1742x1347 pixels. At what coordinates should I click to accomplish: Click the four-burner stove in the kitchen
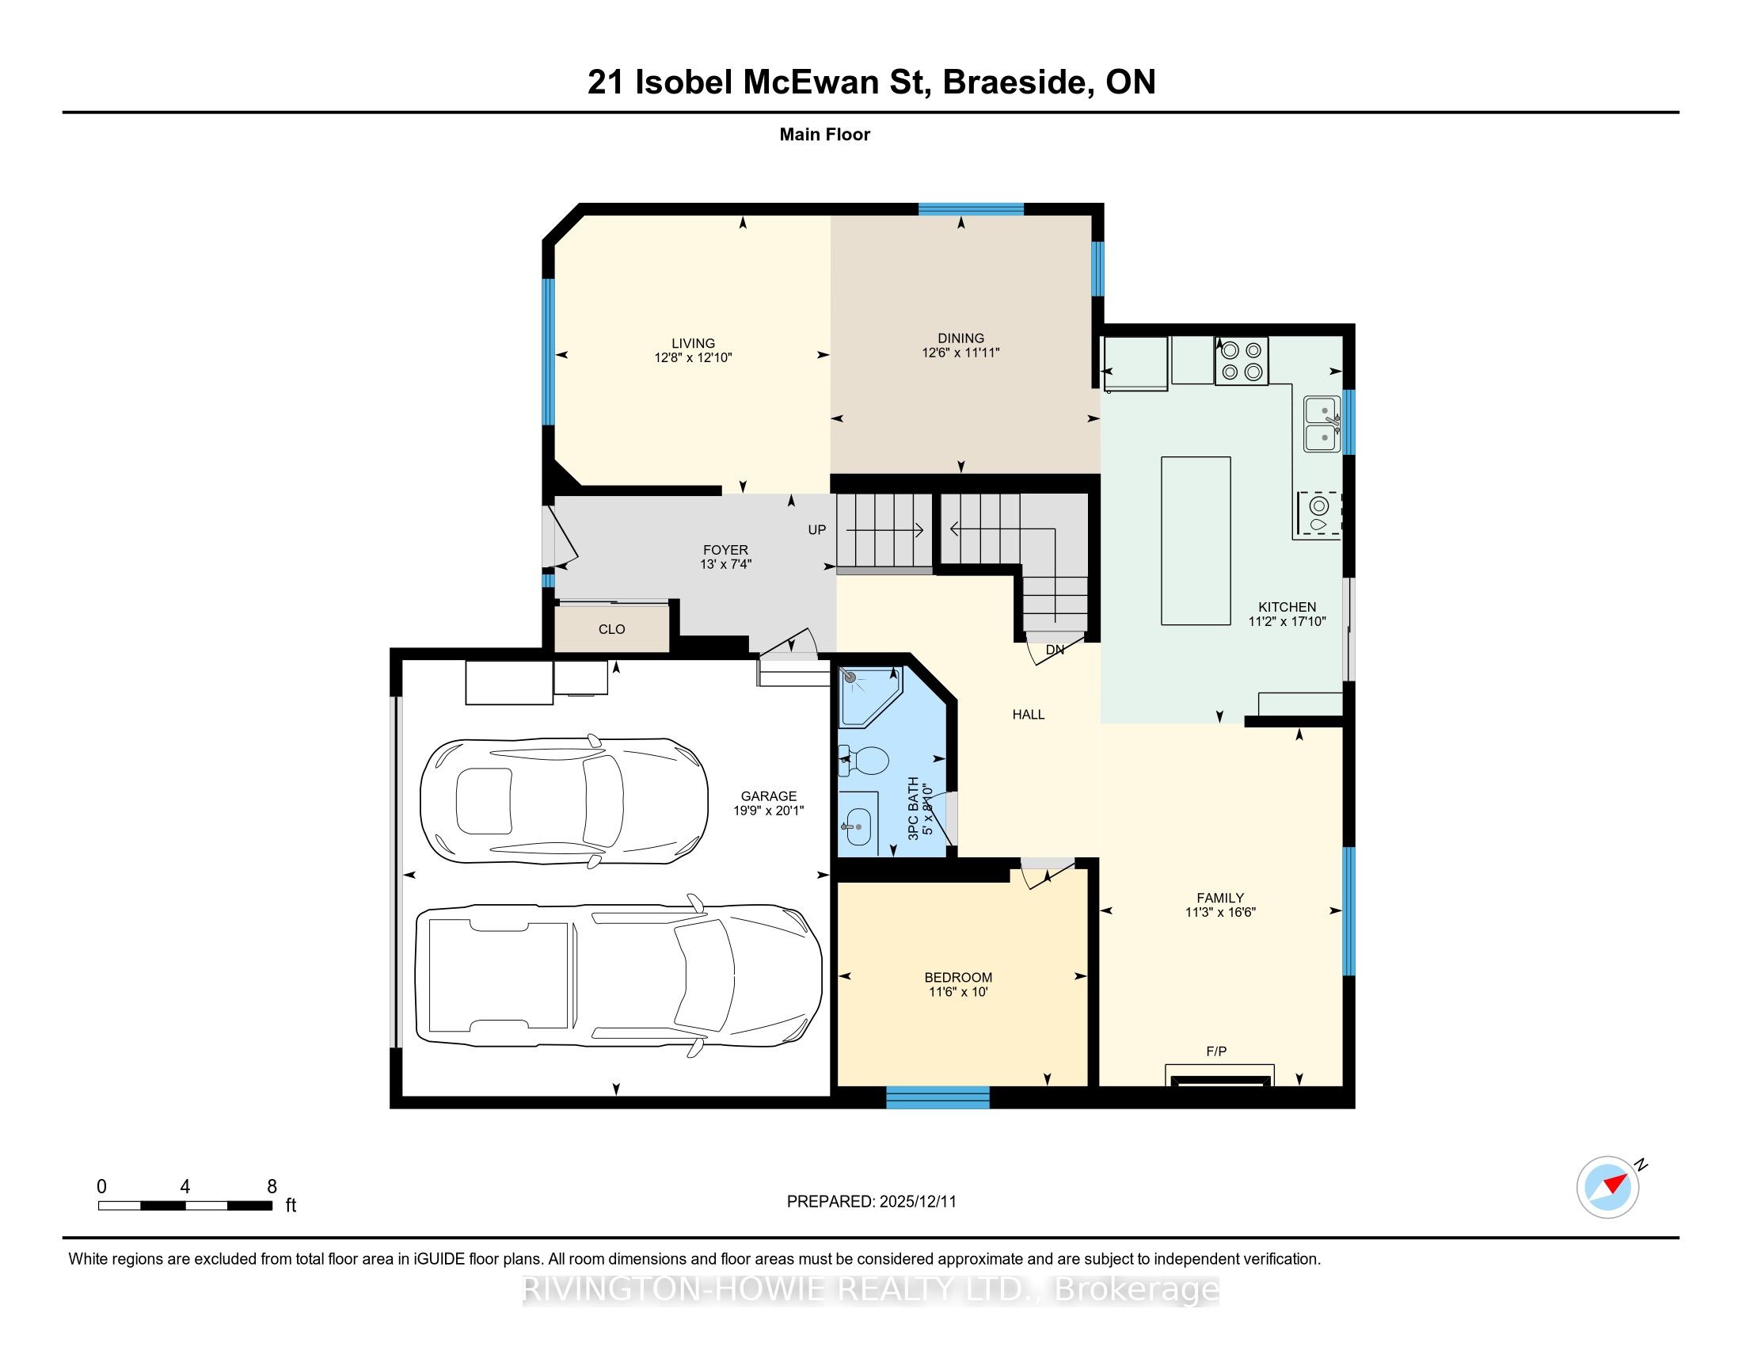click(1241, 361)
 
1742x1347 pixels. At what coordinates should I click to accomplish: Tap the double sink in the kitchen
click(1322, 424)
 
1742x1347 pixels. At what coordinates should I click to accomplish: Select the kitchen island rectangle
click(1196, 540)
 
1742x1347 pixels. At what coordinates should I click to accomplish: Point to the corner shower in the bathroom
click(869, 696)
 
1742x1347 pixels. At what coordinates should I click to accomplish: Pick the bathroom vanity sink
click(858, 822)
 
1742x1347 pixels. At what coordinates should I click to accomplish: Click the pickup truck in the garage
click(619, 976)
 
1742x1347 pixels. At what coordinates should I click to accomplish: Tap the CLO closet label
click(612, 630)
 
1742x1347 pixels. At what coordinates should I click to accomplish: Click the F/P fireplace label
click(1216, 1051)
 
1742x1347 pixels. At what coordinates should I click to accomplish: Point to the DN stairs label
click(1055, 650)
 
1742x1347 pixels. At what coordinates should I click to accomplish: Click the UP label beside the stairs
click(817, 530)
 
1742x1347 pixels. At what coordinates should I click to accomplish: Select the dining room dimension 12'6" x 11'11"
click(960, 353)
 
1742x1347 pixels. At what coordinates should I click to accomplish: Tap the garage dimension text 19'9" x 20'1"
click(768, 811)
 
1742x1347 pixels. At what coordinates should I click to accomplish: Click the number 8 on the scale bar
click(272, 1187)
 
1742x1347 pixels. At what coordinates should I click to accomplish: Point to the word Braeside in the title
click(1017, 82)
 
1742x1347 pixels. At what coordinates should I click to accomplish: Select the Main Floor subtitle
click(825, 134)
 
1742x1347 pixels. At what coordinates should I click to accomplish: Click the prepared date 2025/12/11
click(917, 1202)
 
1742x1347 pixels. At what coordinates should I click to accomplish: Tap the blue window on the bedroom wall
click(938, 1098)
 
